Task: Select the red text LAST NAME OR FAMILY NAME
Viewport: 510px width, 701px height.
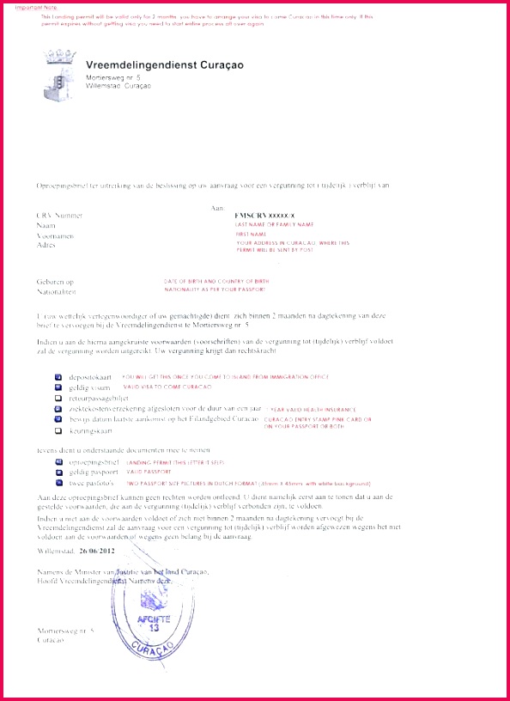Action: pyautogui.click(x=269, y=223)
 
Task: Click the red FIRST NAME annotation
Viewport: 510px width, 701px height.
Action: pyautogui.click(x=252, y=234)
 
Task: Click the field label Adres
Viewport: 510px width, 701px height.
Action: pyautogui.click(x=46, y=244)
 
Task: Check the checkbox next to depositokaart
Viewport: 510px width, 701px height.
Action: pyautogui.click(x=58, y=377)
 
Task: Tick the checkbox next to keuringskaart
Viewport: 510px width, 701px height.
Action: pyautogui.click(x=58, y=429)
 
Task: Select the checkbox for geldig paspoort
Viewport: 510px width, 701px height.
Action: pyautogui.click(x=58, y=472)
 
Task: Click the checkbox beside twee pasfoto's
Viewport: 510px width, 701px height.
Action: pyautogui.click(x=58, y=483)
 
